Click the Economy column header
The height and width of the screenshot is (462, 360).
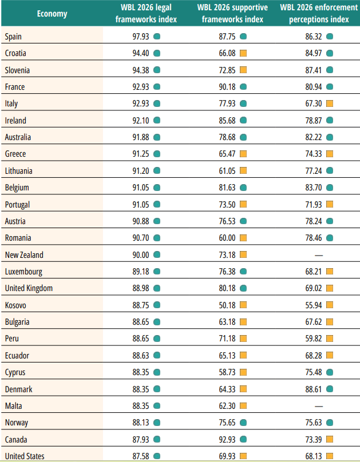tap(52, 14)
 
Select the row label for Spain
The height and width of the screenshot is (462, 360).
tap(14, 37)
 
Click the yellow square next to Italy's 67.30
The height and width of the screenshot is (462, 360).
tap(330, 103)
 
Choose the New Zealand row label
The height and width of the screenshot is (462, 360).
tap(23, 255)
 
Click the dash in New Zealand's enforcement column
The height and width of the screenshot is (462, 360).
tap(319, 255)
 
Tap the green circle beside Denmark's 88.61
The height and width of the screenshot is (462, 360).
tap(330, 389)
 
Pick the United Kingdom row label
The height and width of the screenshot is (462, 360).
tap(29, 288)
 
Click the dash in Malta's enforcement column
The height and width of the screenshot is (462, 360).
tap(319, 406)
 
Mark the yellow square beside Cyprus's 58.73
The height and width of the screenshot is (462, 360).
tap(243, 372)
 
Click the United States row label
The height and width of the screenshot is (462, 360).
tap(25, 456)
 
